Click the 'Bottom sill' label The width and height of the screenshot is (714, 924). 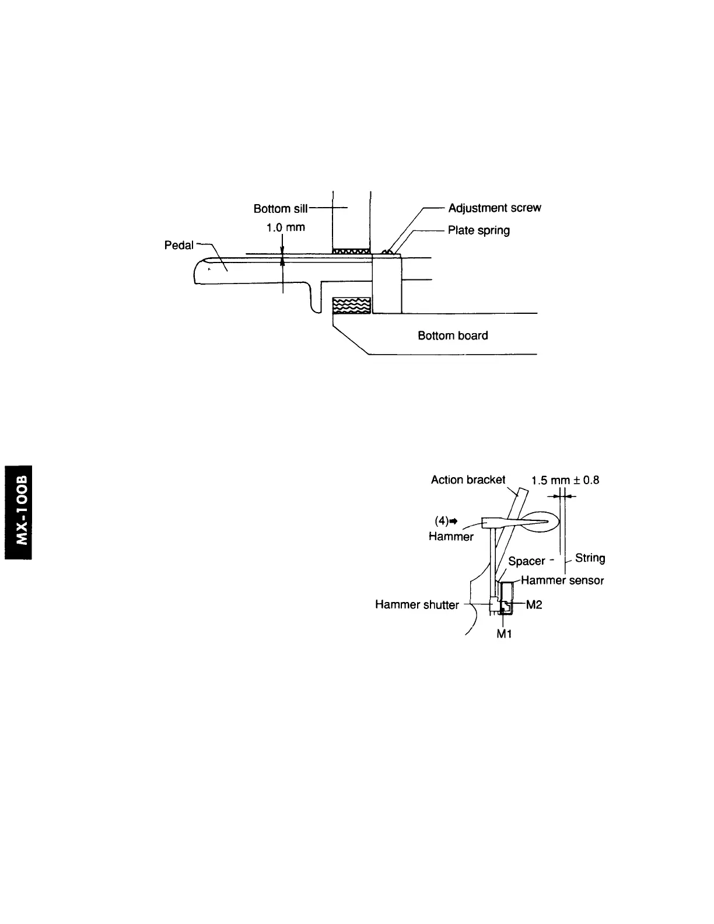280,209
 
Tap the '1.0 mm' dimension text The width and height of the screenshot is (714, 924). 285,228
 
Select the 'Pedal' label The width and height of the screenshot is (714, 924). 178,246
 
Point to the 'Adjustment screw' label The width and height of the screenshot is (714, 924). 494,208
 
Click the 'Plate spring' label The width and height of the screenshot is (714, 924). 478,230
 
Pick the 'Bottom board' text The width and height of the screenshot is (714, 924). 453,335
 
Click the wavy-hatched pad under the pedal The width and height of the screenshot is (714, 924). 351,305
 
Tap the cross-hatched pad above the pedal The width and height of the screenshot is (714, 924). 351,251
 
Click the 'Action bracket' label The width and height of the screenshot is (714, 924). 468,480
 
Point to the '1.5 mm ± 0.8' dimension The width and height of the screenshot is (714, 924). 565,480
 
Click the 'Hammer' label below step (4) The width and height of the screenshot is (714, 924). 451,536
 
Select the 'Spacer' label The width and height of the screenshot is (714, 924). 526,561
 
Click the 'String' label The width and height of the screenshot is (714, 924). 590,558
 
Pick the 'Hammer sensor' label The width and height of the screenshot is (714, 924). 562,580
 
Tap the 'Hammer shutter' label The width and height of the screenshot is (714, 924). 416,605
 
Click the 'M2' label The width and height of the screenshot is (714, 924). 534,605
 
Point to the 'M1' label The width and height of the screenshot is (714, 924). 504,633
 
